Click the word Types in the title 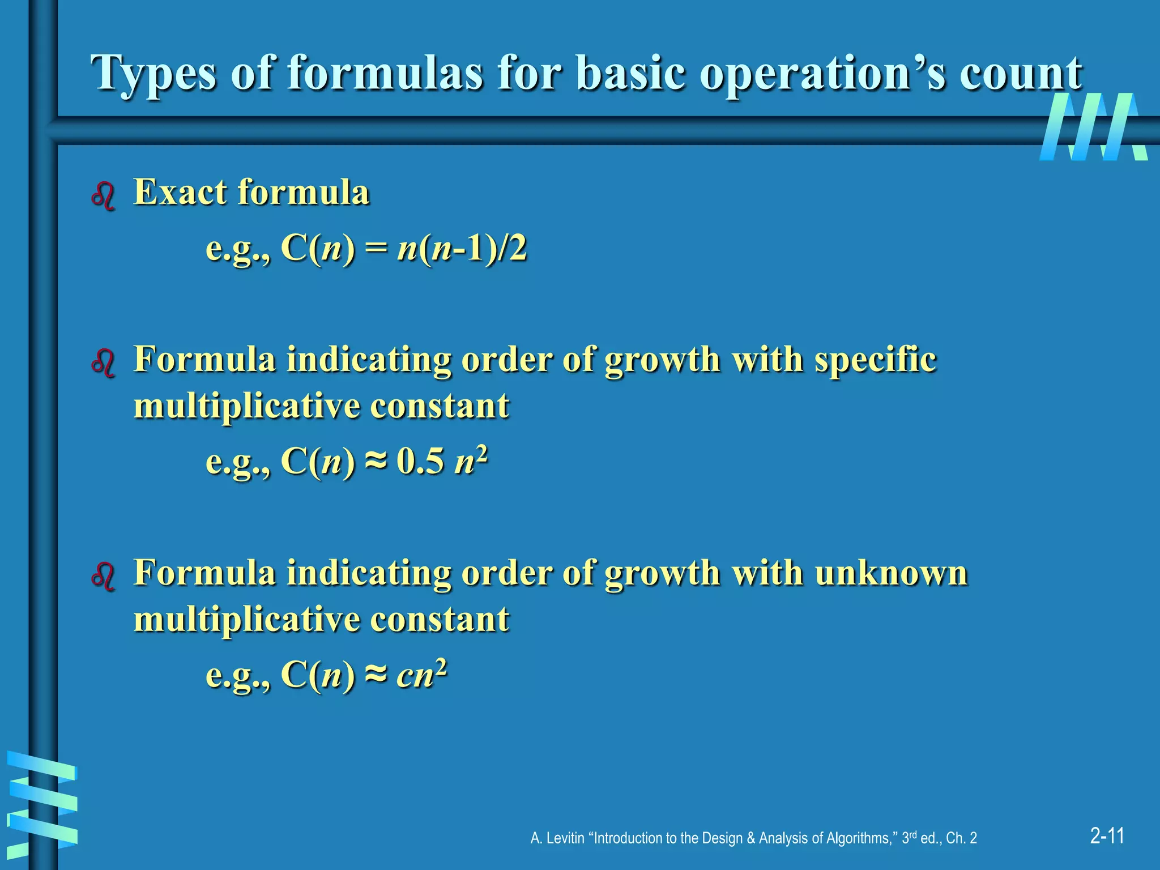tap(153, 74)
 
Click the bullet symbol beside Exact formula tap(103, 196)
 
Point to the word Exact tap(180, 192)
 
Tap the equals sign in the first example tap(376, 249)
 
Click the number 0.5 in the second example tap(420, 461)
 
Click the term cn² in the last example tap(422, 673)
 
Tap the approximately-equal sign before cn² tap(376, 674)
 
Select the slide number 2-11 tap(1107, 835)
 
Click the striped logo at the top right tap(1093, 127)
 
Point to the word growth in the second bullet tap(662, 360)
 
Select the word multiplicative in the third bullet tap(246, 619)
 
